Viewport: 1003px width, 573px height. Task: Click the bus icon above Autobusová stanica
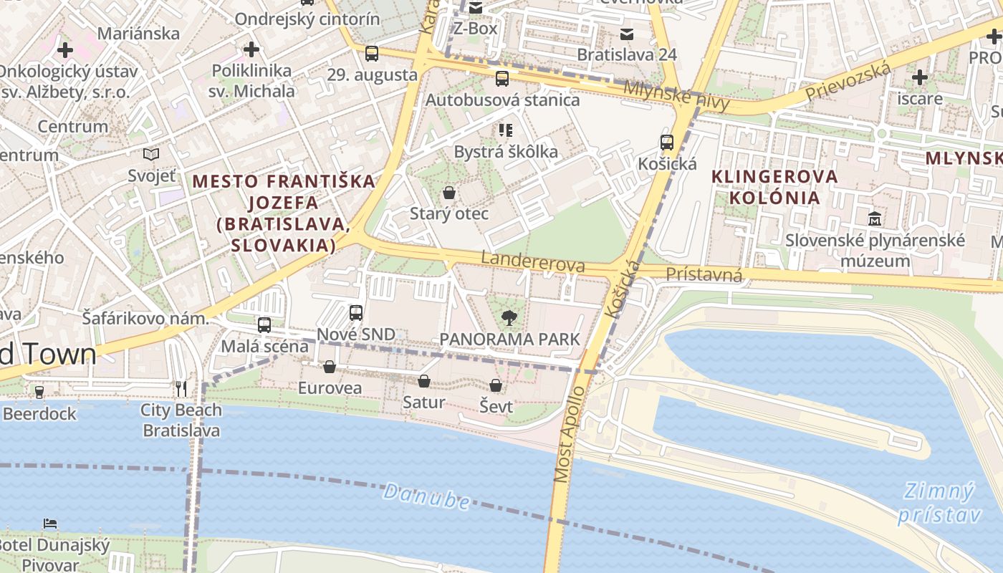coord(502,79)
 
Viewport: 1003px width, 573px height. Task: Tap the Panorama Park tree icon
coord(509,317)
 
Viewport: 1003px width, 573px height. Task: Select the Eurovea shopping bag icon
coord(330,367)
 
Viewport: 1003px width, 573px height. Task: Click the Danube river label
coord(427,496)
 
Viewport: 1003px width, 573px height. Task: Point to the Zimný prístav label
coord(938,504)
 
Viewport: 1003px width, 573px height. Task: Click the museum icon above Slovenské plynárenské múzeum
coord(875,218)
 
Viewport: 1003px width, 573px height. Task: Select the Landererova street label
coord(533,261)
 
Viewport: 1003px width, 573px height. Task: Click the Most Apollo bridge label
coord(570,435)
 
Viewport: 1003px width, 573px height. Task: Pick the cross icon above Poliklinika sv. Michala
coord(251,49)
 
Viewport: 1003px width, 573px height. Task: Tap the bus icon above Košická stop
coord(667,143)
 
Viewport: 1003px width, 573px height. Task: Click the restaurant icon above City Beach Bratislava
coord(181,389)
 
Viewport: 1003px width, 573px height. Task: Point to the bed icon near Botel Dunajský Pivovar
coord(50,523)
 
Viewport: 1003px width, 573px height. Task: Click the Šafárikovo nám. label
coord(145,318)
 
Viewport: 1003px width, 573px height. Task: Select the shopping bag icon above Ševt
coord(496,386)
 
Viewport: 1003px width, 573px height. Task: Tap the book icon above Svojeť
coord(151,154)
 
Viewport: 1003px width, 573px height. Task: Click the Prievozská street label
coord(848,82)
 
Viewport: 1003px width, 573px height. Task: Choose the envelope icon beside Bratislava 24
coord(627,34)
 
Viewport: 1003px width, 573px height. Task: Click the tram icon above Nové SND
coord(356,313)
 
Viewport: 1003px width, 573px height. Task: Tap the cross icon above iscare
coord(920,77)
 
